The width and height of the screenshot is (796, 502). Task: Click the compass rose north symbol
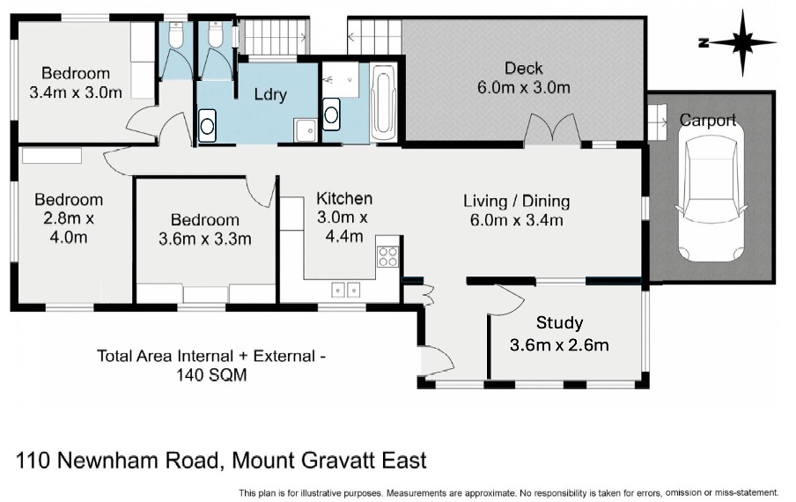[x=742, y=42]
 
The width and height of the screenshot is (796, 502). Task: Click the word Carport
[x=707, y=121]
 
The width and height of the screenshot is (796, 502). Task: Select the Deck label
[x=523, y=68]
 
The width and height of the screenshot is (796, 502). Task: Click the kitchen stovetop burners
[x=387, y=255]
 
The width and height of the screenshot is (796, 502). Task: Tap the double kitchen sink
[x=346, y=290]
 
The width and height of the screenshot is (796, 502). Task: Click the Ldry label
[x=270, y=94]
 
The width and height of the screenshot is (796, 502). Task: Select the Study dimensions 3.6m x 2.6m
[x=559, y=345]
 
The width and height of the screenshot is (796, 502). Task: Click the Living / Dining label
[x=516, y=201]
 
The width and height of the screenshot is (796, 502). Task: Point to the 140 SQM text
[x=211, y=375]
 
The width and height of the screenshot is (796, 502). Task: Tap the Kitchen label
[x=344, y=198]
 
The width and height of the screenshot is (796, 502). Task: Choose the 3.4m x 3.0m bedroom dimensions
[x=76, y=92]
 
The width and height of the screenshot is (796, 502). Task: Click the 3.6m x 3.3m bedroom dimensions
[x=204, y=239]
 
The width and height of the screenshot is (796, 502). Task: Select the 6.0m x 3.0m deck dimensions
[x=523, y=87]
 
